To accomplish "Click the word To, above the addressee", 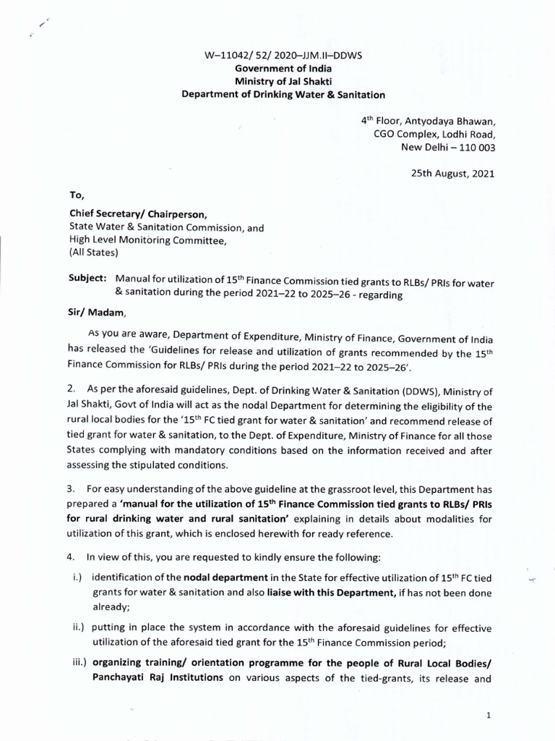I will (77, 195).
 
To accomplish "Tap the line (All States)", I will (97, 253).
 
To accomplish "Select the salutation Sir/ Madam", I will (97, 312).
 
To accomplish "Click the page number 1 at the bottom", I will (489, 715).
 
